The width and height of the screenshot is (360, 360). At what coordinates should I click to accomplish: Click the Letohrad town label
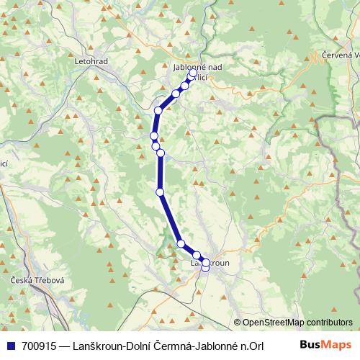(91, 61)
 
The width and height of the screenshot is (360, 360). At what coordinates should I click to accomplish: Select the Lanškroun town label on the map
(210, 264)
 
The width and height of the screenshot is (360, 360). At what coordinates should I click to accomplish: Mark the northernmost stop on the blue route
(193, 73)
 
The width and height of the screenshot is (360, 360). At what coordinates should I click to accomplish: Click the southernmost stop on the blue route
(205, 269)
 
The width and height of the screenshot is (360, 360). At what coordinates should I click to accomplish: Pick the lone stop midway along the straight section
(160, 192)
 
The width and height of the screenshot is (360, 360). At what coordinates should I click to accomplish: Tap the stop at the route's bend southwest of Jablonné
(158, 110)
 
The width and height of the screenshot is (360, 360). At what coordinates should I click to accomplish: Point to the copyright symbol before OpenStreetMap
(237, 323)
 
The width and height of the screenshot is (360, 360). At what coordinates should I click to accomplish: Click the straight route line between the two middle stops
(160, 173)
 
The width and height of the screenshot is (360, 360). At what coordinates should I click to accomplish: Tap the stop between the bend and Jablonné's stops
(176, 94)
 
